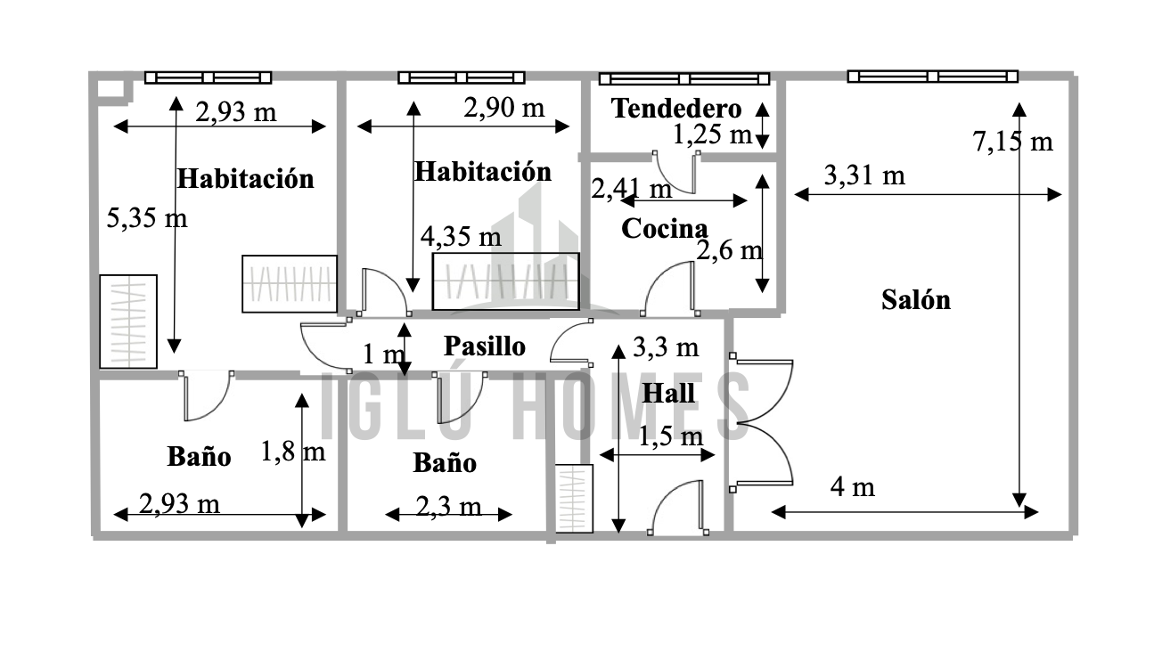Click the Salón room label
point(916,300)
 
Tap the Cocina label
point(665,229)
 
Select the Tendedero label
point(676,109)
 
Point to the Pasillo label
point(485,346)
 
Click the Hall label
point(668,393)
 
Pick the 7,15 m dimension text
point(1012,141)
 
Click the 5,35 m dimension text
point(147,217)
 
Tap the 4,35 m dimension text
point(462,237)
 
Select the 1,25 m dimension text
point(712,134)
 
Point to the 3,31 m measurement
point(864,175)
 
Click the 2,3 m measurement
point(449,506)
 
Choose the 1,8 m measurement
point(293,452)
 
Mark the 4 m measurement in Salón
point(853,487)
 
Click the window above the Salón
point(933,77)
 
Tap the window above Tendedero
point(684,79)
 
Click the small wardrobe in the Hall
point(574,499)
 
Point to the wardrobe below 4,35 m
point(506,281)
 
